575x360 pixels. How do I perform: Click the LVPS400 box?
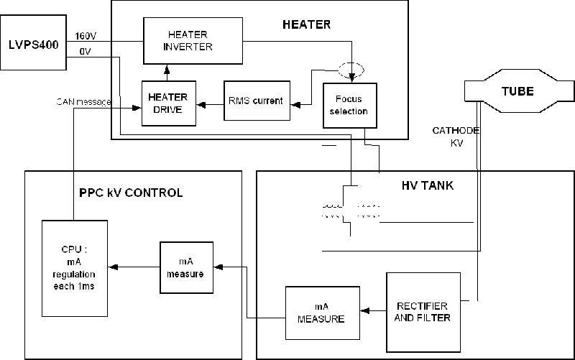click(34, 43)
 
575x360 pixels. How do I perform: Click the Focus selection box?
click(350, 106)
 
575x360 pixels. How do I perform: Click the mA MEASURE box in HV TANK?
click(321, 313)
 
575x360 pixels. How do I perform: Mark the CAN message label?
click(83, 102)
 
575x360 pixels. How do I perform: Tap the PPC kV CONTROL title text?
click(131, 193)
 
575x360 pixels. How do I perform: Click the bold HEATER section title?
click(306, 24)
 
